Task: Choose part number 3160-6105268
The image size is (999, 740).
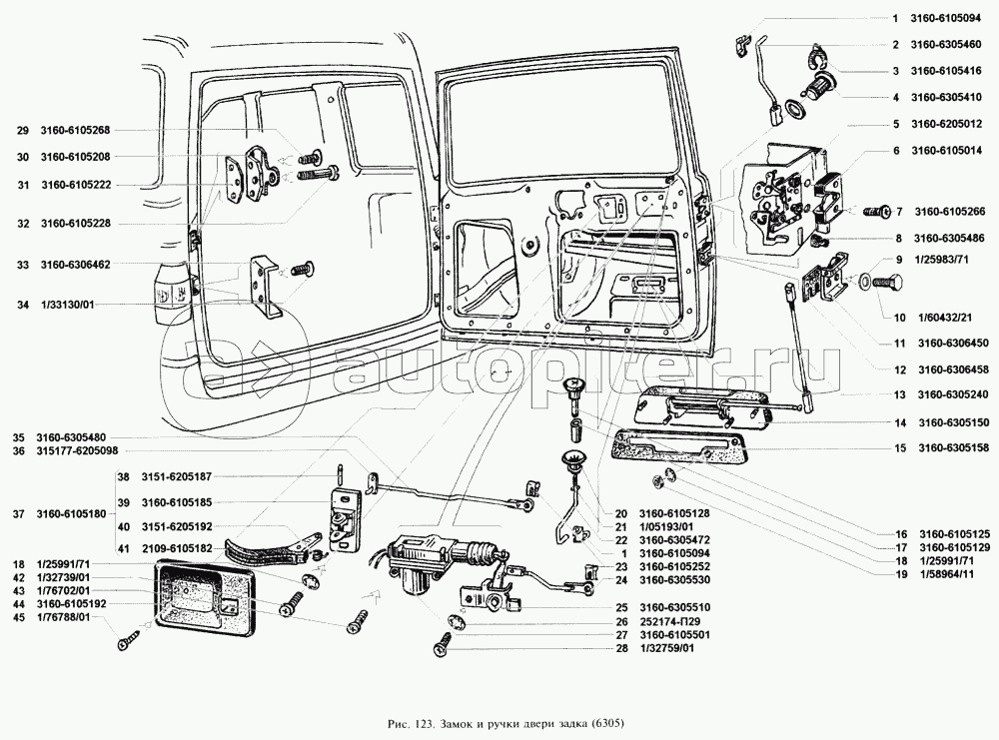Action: tap(76, 131)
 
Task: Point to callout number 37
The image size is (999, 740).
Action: tap(19, 513)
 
